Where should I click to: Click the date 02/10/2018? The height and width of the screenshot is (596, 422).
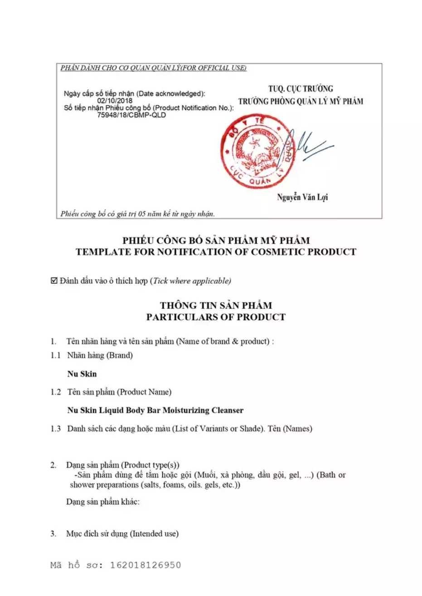pos(115,101)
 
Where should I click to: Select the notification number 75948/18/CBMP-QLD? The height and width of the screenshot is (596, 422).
pos(131,115)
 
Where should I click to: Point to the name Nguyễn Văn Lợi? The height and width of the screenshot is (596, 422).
pos(302,197)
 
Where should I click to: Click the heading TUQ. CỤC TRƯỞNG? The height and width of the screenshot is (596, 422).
pos(301,89)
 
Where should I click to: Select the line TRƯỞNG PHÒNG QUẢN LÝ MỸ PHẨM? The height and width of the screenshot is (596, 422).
pos(301,101)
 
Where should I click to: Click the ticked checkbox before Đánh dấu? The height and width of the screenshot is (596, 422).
pos(54,281)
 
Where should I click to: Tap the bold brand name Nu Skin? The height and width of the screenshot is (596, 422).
pos(82,374)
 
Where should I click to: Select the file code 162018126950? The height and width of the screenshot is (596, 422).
pos(146,565)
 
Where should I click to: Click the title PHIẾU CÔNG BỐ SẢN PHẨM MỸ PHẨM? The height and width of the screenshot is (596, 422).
pos(216,240)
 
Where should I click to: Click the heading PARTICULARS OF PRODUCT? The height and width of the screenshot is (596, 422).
pos(216,317)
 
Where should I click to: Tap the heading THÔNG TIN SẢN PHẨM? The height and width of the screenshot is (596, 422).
pos(216,305)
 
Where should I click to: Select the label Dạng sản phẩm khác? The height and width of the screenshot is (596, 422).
pos(103,502)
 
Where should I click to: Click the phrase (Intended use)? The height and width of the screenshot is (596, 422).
pos(155,534)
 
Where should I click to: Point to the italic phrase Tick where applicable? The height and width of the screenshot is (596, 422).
pos(191,281)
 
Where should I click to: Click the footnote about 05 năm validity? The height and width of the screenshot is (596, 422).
pos(138,214)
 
